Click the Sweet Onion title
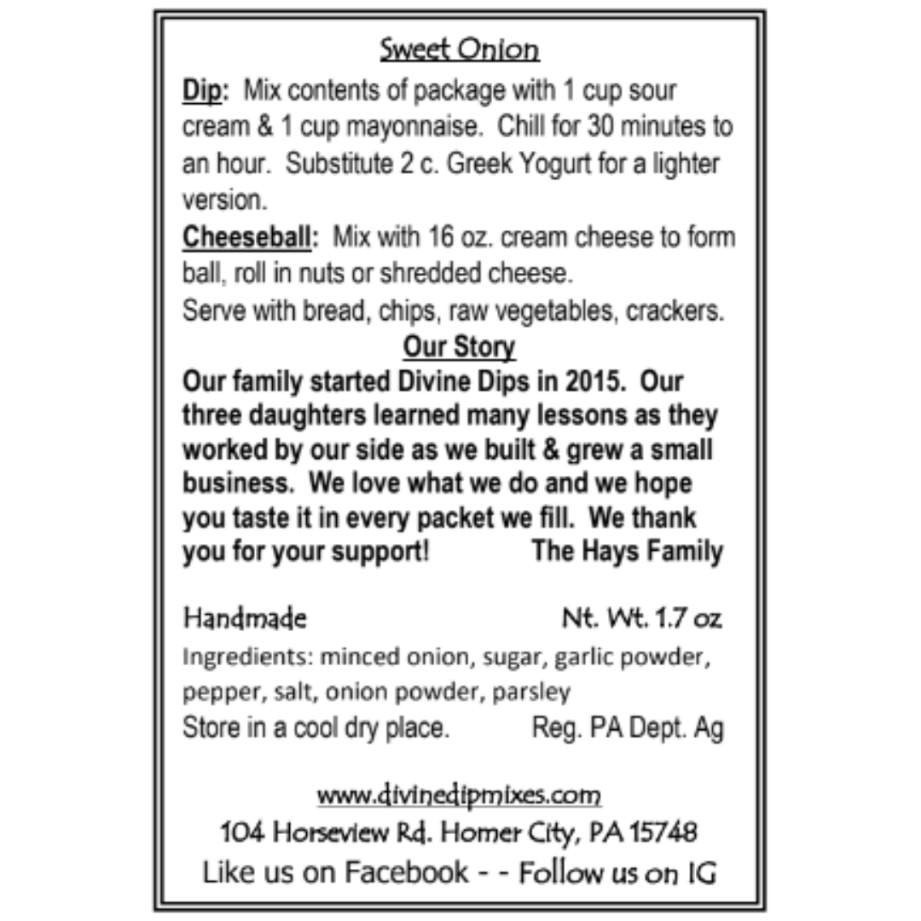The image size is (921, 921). click(x=460, y=49)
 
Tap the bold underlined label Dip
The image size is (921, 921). click(x=200, y=90)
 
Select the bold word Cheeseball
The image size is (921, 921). click(x=246, y=237)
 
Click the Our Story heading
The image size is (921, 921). click(x=459, y=347)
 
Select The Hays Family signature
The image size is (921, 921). click(x=627, y=551)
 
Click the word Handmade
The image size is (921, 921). click(x=245, y=618)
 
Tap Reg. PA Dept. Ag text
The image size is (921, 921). click(x=628, y=728)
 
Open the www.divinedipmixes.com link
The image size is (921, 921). click(x=459, y=795)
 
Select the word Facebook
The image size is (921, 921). click(x=407, y=872)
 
